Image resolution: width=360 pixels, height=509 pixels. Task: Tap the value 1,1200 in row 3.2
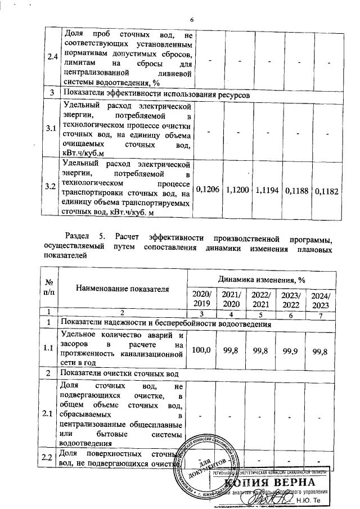pyautogui.click(x=239, y=191)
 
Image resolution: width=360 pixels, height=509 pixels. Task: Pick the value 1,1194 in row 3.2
pyautogui.click(x=268, y=191)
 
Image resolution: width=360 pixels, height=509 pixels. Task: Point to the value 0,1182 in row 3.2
pyautogui.click(x=327, y=191)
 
